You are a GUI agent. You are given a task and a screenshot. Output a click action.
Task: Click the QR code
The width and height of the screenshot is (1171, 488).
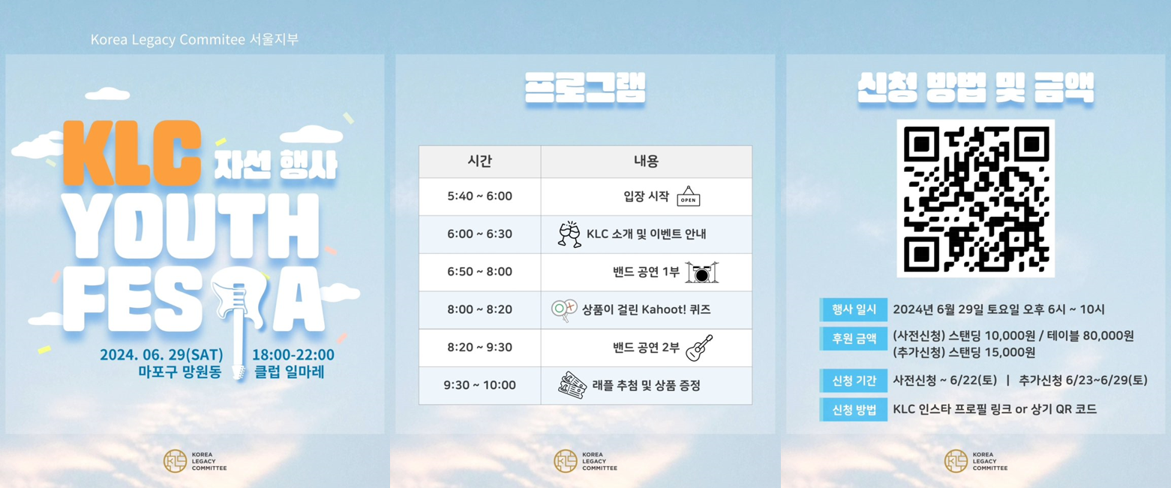click(x=975, y=198)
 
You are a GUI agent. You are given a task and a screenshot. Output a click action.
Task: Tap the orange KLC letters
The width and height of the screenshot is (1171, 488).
click(x=132, y=152)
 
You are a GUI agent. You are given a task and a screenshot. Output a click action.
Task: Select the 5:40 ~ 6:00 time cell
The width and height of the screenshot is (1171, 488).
click(x=479, y=196)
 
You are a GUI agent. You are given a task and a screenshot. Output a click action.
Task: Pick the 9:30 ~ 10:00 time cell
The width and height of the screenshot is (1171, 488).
click(x=479, y=385)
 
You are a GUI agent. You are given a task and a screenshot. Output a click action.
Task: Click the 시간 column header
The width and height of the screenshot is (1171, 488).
click(x=479, y=161)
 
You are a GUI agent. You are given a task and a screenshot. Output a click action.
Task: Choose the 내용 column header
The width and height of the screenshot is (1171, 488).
click(x=646, y=161)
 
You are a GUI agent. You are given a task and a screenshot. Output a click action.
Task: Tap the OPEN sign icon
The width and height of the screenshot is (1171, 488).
click(x=689, y=197)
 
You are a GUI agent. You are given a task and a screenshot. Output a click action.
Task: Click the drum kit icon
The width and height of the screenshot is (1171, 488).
click(x=701, y=272)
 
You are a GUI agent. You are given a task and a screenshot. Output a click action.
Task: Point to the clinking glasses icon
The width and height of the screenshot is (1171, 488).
click(x=570, y=233)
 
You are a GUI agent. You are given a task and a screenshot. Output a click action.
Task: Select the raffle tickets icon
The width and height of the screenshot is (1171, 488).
click(x=572, y=385)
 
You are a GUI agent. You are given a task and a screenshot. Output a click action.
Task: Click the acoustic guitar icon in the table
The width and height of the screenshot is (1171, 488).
click(x=699, y=348)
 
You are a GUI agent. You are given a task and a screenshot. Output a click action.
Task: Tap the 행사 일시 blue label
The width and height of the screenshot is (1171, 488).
click(x=853, y=309)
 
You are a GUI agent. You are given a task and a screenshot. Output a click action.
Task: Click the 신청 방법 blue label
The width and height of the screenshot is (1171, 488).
click(x=853, y=409)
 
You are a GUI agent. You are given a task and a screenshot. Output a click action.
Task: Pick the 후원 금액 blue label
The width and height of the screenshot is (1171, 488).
click(x=853, y=339)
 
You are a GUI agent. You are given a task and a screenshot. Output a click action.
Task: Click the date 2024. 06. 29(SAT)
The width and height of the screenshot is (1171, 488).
click(x=161, y=354)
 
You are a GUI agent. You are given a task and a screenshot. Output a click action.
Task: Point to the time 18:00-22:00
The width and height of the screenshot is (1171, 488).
click(x=293, y=354)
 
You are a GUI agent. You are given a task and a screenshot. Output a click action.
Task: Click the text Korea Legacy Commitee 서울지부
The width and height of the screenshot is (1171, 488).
click(x=194, y=40)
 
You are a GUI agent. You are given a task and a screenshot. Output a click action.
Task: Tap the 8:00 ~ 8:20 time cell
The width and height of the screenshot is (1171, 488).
click(x=479, y=309)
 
